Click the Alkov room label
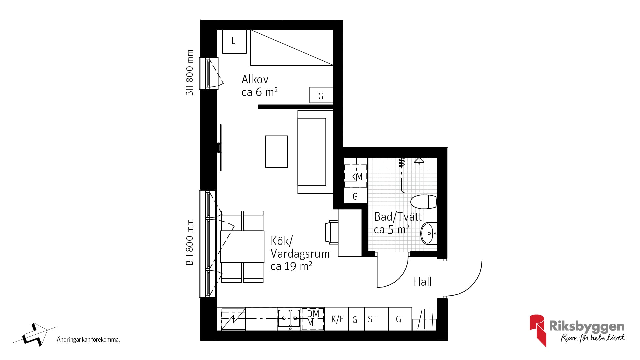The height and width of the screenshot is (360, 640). (x=260, y=86)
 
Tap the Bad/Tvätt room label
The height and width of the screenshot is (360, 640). (x=398, y=223)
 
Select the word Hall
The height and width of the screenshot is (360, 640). (x=423, y=282)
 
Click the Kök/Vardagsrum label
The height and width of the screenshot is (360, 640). (x=300, y=253)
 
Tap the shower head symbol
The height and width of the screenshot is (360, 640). (x=419, y=161)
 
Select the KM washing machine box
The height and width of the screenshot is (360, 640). (x=356, y=176)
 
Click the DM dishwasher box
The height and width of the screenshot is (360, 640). (x=313, y=319)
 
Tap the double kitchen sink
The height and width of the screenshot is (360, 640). (x=289, y=319)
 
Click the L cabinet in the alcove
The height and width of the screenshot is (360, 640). (x=234, y=41)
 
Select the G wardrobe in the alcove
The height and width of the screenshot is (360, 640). (x=321, y=95)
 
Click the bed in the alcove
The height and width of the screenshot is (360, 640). (x=292, y=47)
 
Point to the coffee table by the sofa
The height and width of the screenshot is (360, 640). (x=276, y=152)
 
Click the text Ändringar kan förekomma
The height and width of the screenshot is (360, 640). (x=88, y=340)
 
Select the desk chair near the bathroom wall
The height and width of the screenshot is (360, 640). (x=332, y=231)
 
